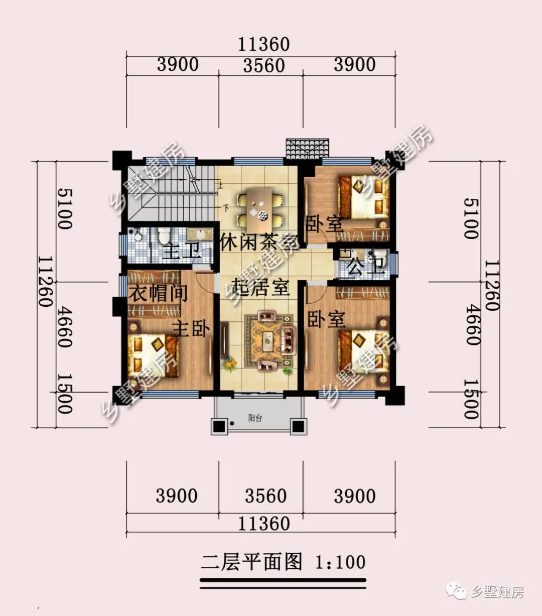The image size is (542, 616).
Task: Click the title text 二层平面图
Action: pos(252,562)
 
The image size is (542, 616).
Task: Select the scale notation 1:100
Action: pos(340,562)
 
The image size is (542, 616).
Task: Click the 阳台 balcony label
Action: pos(255,418)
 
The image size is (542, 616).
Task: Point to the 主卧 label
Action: pos(190,329)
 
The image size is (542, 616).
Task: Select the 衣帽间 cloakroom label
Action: pos(158,293)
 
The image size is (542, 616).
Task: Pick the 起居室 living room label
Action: pos(261,288)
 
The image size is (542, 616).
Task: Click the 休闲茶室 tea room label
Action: pos(259,242)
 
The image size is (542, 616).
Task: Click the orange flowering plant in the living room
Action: pos(230,363)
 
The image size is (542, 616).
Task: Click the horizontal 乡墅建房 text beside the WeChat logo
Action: pos(497,592)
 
